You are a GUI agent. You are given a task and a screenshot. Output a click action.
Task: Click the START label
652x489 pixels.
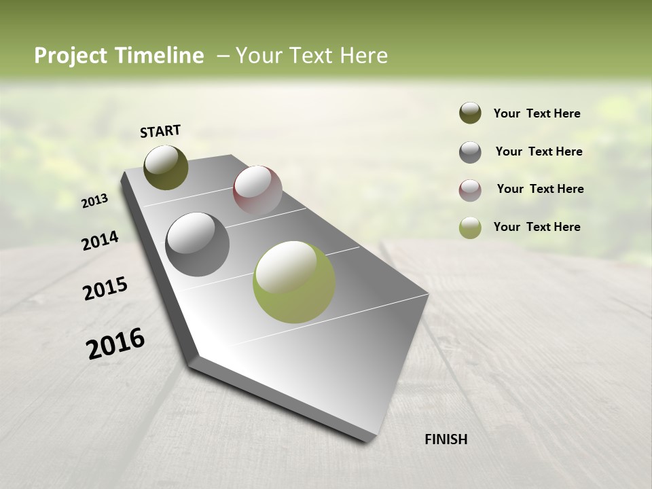(x=160, y=131)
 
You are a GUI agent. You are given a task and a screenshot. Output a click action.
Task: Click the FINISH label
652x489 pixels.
(x=446, y=439)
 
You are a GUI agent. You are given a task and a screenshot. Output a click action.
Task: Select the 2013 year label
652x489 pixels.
(x=95, y=201)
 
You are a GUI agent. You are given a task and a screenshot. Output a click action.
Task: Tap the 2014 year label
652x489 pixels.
(x=101, y=240)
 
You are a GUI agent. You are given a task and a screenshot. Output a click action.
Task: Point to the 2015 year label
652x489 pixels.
(x=105, y=288)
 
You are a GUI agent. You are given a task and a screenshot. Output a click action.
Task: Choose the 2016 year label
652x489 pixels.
(x=115, y=343)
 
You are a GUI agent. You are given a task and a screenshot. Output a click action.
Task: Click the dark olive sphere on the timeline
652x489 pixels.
(x=166, y=168)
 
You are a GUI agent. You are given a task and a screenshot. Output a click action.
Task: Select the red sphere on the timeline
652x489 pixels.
(x=257, y=190)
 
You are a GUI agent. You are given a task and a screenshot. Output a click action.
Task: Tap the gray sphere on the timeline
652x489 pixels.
(x=198, y=244)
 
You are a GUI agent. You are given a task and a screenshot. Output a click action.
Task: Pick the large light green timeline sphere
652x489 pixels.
(x=294, y=281)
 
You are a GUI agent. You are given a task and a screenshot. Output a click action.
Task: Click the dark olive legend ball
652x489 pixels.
(x=470, y=113)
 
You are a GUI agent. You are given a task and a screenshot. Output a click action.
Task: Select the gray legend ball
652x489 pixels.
(x=470, y=152)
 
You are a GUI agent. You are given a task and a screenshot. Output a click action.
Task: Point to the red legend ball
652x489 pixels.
(x=470, y=190)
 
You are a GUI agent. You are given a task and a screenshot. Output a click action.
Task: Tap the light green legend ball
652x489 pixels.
(x=470, y=228)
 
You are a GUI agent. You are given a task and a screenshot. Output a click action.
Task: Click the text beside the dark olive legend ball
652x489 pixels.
(x=537, y=113)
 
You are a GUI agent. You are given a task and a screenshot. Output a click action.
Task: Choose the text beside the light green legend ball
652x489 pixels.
(x=537, y=227)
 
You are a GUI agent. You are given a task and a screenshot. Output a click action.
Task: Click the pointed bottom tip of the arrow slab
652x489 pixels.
(x=367, y=440)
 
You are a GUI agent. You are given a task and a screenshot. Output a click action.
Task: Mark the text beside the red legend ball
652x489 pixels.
(x=540, y=189)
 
